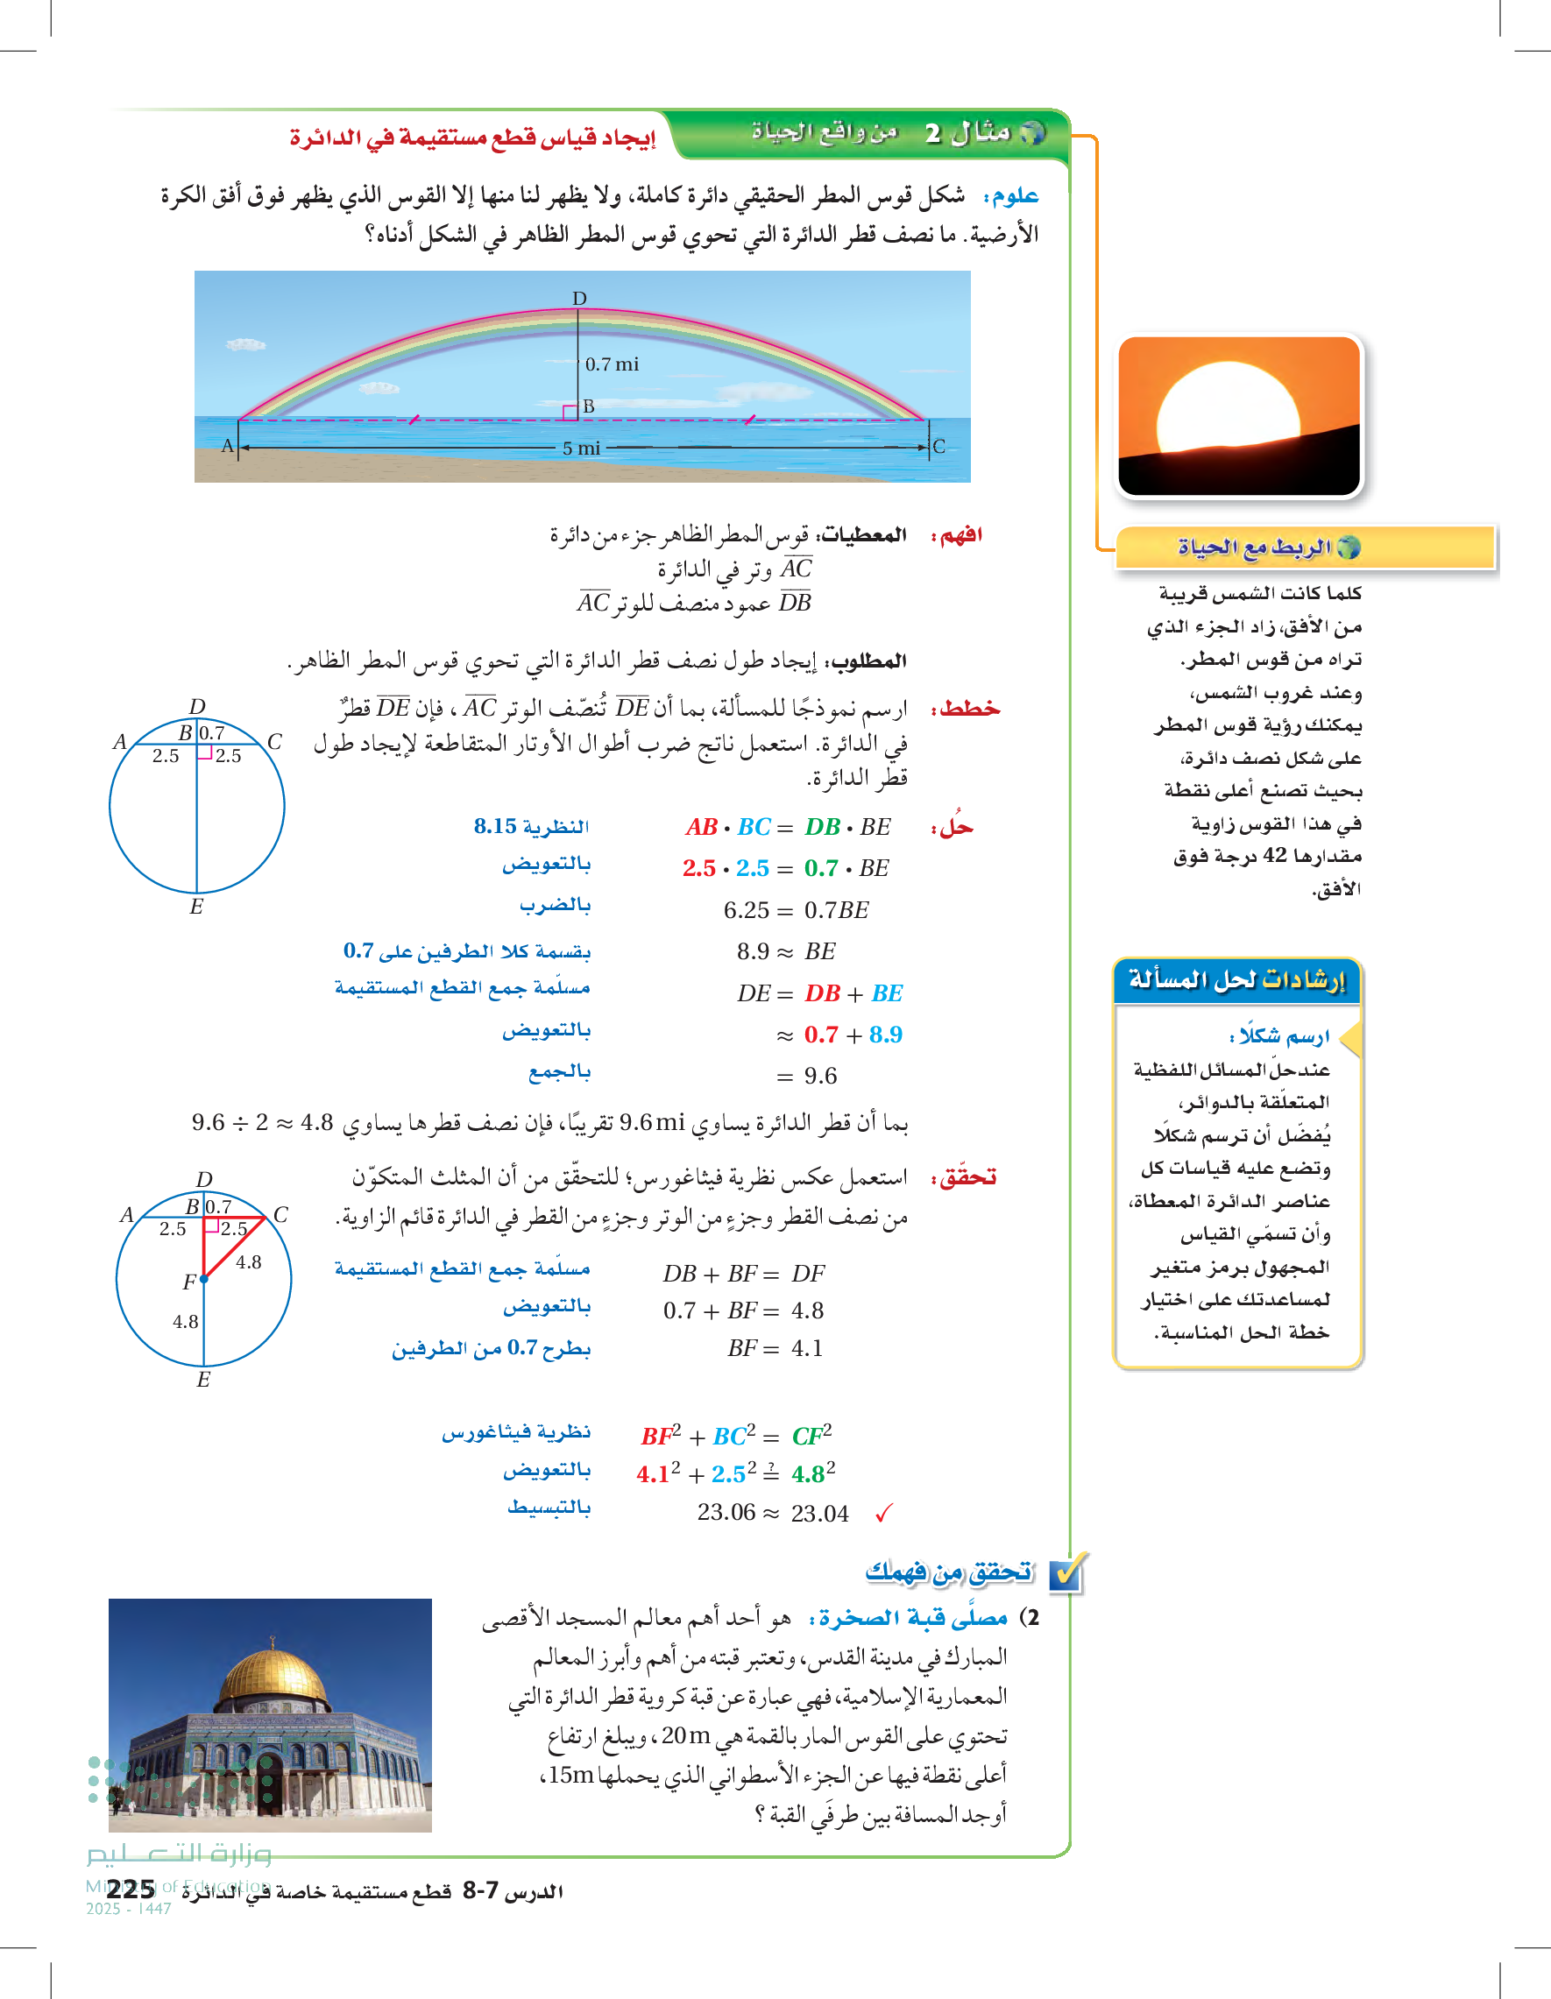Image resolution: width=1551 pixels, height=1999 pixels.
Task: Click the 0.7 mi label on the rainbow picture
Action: (x=612, y=364)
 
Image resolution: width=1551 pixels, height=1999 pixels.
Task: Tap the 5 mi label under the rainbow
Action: (x=581, y=449)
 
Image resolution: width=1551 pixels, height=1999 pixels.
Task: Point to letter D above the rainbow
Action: (x=579, y=299)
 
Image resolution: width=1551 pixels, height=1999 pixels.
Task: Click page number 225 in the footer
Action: (x=131, y=1890)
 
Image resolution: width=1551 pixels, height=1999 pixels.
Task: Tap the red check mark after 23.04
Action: (x=883, y=1514)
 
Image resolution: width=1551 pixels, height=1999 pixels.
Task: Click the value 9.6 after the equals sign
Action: (x=820, y=1077)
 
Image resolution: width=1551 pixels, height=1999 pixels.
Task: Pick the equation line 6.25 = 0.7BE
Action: (x=796, y=911)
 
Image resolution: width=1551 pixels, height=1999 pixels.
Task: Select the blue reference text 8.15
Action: (x=495, y=827)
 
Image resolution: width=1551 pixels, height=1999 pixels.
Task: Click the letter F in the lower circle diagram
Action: (x=188, y=1282)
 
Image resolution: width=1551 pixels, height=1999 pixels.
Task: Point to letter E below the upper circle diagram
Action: (x=196, y=907)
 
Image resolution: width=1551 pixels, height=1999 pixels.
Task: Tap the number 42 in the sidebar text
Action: (x=1274, y=856)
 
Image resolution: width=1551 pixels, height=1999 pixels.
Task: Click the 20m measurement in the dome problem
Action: (x=686, y=1735)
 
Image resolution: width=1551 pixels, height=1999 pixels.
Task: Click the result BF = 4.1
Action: (x=775, y=1348)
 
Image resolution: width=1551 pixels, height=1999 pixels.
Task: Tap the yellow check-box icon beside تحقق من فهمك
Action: (x=1066, y=1574)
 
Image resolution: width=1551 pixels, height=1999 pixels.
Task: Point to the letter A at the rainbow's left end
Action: (x=228, y=446)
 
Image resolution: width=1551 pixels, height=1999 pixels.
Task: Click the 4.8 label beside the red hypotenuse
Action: (x=248, y=1263)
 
